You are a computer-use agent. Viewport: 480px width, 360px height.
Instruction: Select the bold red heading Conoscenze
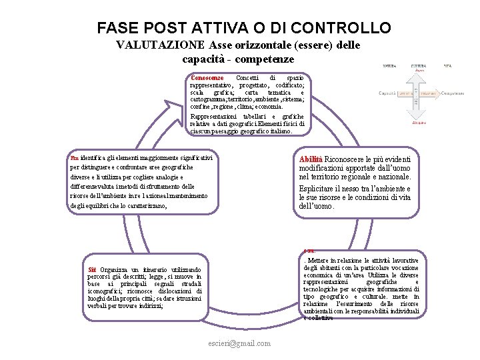coord(207,78)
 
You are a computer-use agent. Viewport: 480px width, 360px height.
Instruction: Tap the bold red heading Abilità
coord(311,159)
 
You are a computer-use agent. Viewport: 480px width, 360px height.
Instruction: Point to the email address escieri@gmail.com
coord(240,343)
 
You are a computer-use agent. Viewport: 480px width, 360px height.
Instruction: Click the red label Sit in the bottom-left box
coord(92,269)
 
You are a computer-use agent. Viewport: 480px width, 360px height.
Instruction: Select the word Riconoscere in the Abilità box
coord(347,159)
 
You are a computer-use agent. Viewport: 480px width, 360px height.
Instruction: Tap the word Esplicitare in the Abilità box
coord(322,189)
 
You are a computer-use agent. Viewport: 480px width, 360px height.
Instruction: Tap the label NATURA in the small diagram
coord(389,65)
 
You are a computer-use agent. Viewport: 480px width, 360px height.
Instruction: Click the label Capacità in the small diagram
coord(387,94)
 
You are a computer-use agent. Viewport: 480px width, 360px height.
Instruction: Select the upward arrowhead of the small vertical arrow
coord(419,73)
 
